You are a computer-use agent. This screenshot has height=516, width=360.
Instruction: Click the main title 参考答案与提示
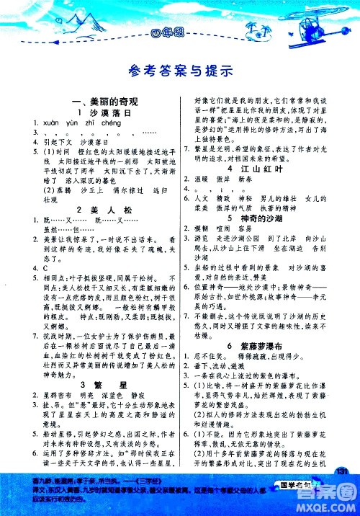[180, 71]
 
